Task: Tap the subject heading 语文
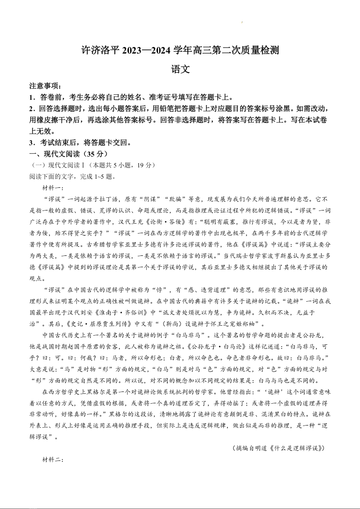[180, 70]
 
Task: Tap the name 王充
[125, 222]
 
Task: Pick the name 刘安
[87, 313]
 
